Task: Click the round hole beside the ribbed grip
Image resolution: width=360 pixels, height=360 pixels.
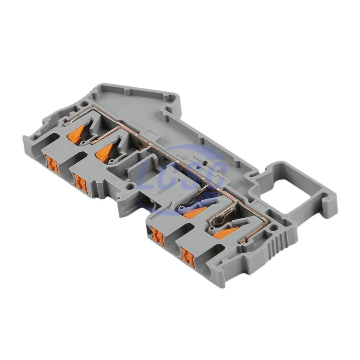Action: click(x=272, y=228)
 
